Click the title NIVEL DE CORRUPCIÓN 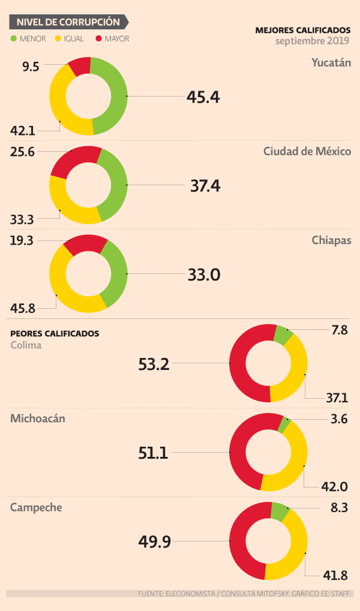click(68, 22)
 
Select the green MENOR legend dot click(14, 39)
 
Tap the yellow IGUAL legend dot click(58, 39)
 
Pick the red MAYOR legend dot click(98, 39)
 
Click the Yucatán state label click(331, 62)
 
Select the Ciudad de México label click(307, 151)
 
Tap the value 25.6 click(23, 152)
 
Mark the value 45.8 click(23, 309)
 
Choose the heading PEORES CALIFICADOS click(55, 333)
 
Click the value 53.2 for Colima click(154, 364)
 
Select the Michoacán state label click(38, 419)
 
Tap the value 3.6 click(339, 419)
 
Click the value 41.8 click(336, 576)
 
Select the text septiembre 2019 click(313, 41)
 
